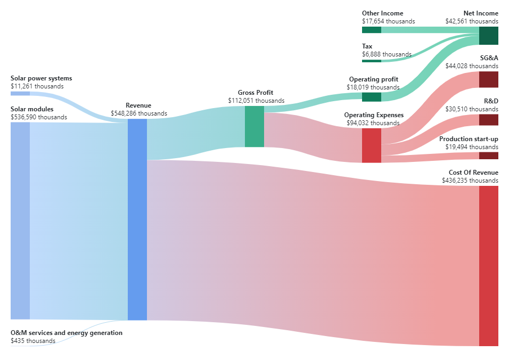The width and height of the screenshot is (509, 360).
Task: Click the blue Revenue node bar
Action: pos(137,219)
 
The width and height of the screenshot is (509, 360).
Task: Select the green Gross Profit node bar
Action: pos(254,126)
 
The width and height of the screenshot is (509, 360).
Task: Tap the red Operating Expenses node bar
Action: pos(371,145)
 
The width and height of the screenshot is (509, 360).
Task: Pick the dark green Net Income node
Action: pos(488,35)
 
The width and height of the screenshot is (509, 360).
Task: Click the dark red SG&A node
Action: pos(488,79)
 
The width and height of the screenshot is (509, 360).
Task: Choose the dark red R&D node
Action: pos(488,119)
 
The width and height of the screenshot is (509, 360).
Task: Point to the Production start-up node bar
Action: pos(488,156)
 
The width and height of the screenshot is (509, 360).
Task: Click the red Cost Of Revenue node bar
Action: pos(488,266)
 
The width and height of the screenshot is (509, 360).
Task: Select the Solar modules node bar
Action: pos(20,220)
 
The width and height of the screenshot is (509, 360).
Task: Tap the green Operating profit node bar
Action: pos(371,97)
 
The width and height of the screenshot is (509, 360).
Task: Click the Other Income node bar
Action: pos(371,30)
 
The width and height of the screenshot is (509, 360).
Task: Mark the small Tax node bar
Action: pos(371,61)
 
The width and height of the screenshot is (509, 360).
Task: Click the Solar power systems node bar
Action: pos(20,94)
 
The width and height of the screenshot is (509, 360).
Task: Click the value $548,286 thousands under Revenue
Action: pos(138,113)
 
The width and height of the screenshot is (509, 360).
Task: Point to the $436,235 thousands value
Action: pos(470,181)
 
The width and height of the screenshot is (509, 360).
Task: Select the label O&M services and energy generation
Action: pos(67,333)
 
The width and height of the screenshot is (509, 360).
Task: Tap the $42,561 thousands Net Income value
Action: pos(472,21)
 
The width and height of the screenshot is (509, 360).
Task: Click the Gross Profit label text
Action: pos(256,93)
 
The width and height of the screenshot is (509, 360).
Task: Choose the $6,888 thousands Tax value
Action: pos(387,54)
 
